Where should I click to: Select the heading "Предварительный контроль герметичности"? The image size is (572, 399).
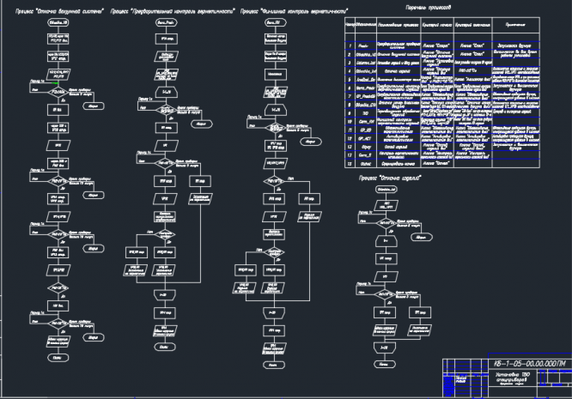coord(173,13)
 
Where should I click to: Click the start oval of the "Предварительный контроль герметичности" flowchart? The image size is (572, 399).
coord(166,25)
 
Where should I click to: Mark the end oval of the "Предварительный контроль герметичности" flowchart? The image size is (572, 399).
coord(164,347)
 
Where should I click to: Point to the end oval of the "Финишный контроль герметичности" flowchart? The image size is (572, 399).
coord(274,366)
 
